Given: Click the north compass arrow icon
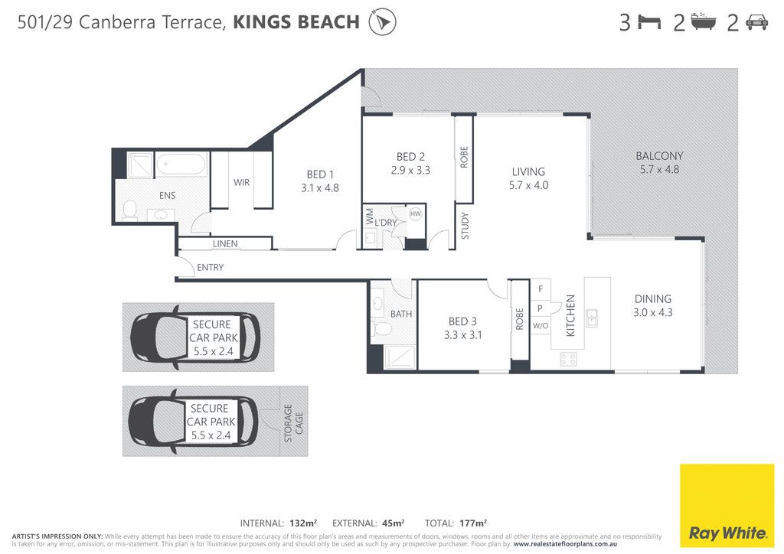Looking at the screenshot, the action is pos(383,22).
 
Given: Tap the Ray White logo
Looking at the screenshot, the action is pos(727,506).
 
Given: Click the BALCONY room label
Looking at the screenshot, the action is pos(659,156).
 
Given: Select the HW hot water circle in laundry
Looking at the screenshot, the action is pos(416,213).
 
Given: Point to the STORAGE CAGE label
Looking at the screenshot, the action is pos(293,423).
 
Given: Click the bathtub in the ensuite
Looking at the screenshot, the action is pos(181,165).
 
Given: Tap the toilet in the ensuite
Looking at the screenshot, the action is pos(130,210).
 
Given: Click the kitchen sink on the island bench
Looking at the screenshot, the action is pos(592,318).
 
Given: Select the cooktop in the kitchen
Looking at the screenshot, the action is pos(569,359).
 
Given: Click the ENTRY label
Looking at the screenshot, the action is pos(210,267).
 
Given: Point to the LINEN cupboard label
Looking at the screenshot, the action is pos(225,244).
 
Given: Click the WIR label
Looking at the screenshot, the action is pos(241,182).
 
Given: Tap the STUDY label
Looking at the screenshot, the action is pos(465,226).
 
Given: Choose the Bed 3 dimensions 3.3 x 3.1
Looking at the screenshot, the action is pos(463,334).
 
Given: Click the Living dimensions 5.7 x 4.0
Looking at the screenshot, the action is pos(528,185).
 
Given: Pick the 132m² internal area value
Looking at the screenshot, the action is pos(303,523).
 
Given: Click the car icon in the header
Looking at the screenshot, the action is pos(756,22).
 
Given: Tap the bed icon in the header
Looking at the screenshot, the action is pos(649,22).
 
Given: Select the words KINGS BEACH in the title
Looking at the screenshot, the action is pos(296,22).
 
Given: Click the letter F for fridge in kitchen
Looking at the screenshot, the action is pos(541,288).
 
